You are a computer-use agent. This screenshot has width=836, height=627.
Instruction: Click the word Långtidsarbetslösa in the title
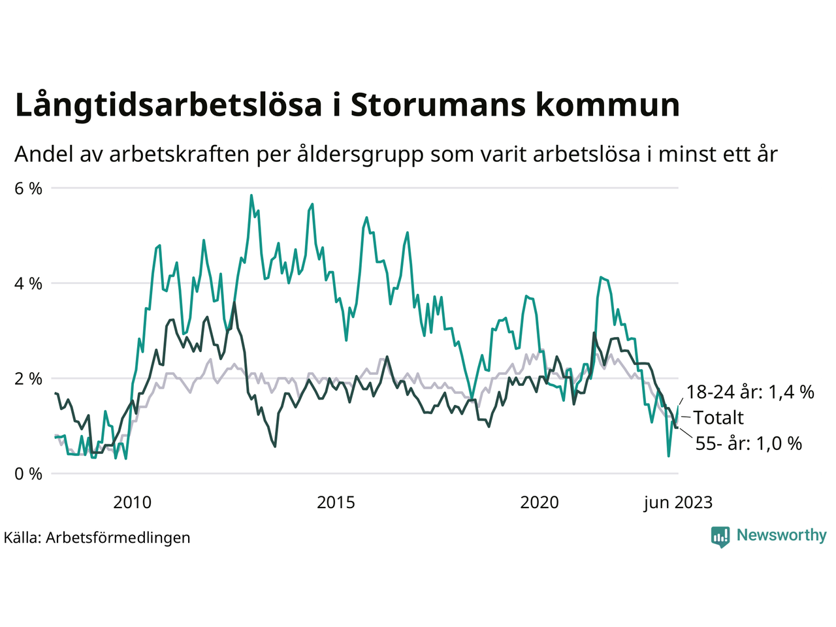point(169,106)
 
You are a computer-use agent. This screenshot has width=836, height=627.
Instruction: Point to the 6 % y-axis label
point(28,189)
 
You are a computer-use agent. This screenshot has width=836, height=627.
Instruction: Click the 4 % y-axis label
point(28,284)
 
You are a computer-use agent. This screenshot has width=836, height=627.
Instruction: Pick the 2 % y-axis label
point(28,379)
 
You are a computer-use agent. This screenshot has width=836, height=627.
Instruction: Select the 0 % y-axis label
point(28,474)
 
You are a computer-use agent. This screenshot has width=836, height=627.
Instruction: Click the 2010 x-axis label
point(132,502)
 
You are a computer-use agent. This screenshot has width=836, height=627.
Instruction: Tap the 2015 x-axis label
point(336,502)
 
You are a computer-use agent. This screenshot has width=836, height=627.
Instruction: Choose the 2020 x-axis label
point(539,502)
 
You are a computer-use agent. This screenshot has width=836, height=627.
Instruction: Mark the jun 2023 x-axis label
point(677,502)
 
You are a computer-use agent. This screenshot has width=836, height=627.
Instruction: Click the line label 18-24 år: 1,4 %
point(750,392)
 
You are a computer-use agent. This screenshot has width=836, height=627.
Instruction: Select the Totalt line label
point(718,418)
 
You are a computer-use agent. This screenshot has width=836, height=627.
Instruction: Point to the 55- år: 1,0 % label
point(748,443)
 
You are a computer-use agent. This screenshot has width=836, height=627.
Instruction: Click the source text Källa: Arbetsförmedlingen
point(97,538)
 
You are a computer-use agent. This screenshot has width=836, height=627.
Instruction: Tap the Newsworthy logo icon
point(720,536)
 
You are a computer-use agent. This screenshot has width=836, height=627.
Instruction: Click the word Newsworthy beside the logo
point(781,536)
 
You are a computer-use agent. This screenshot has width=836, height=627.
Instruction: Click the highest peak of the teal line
point(251,195)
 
